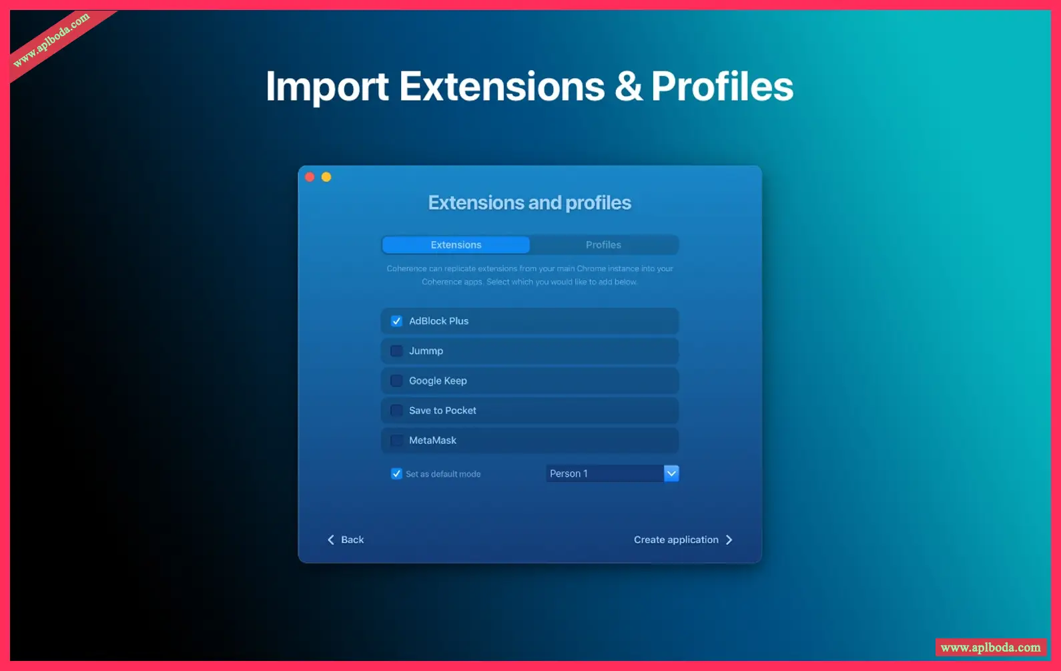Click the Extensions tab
pyautogui.click(x=456, y=244)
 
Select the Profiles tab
pyautogui.click(x=603, y=244)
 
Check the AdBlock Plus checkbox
pyautogui.click(x=396, y=320)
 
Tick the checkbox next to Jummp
pyautogui.click(x=396, y=351)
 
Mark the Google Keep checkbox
pyautogui.click(x=396, y=381)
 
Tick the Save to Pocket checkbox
pyautogui.click(x=396, y=411)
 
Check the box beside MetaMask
pyautogui.click(x=396, y=440)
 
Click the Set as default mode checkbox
pyautogui.click(x=396, y=473)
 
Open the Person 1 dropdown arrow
pyautogui.click(x=671, y=473)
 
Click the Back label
pyautogui.click(x=352, y=539)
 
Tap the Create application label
pyautogui.click(x=676, y=539)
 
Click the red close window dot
pyautogui.click(x=310, y=177)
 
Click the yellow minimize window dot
pyautogui.click(x=326, y=177)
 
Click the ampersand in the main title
pyautogui.click(x=628, y=86)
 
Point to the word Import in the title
pyautogui.click(x=327, y=87)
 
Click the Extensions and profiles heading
pyautogui.click(x=530, y=203)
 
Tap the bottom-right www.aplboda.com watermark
pyautogui.click(x=990, y=648)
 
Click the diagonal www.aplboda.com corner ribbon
pyautogui.click(x=52, y=40)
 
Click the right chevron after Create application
pyautogui.click(x=729, y=539)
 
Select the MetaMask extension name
pyautogui.click(x=432, y=440)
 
